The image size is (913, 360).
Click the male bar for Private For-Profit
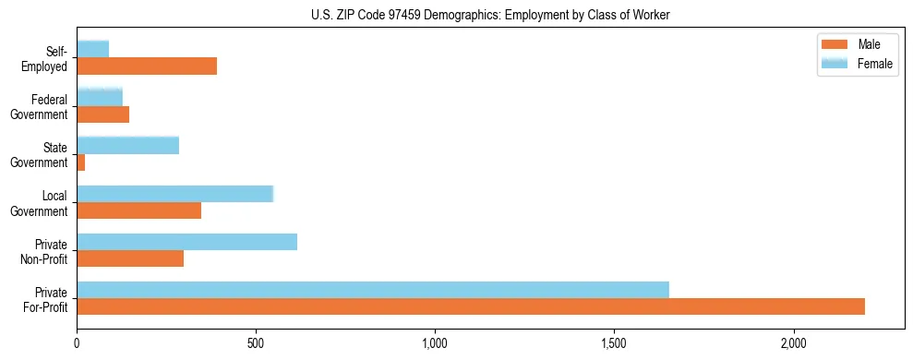point(471,306)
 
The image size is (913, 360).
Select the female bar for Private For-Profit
point(373,290)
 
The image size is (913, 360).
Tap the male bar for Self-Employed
point(147,66)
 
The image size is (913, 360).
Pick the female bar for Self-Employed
point(93,49)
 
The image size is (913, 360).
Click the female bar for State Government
point(128,145)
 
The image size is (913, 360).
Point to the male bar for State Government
point(81,162)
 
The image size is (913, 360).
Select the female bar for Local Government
point(175,193)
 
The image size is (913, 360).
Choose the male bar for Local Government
point(139,210)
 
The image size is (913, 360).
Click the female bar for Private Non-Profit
point(187,242)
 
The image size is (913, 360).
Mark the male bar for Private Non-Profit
point(130,258)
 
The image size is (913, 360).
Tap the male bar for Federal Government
point(103,114)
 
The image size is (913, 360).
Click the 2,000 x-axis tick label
point(793,343)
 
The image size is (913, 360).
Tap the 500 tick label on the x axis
point(256,343)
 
